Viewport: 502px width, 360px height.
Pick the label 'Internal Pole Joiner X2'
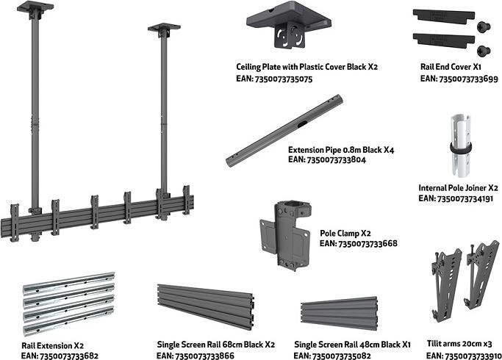click(459, 187)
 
